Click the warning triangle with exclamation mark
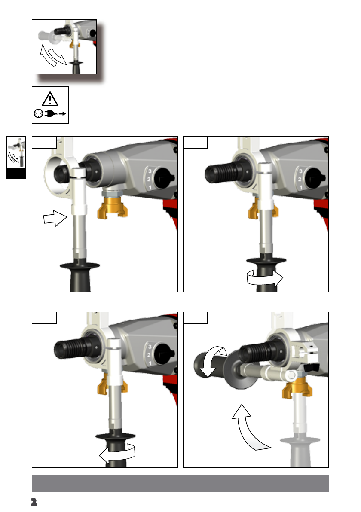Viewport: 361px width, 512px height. coord(50,99)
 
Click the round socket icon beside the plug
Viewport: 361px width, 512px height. coord(38,114)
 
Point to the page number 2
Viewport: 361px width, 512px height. coord(34,502)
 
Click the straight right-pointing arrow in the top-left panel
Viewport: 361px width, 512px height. coord(55,218)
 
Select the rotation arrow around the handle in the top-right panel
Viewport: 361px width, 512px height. coord(265,278)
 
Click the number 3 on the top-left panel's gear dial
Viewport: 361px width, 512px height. coord(150,171)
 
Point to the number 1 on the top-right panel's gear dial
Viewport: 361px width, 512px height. coord(301,188)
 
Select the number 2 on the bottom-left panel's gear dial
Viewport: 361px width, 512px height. coord(149,355)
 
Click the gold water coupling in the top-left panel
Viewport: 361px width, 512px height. coord(113,210)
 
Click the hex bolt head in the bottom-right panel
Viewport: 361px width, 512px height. coord(292,375)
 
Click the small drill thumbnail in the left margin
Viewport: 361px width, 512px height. coord(15,152)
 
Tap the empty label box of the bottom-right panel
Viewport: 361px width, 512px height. coord(195,318)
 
